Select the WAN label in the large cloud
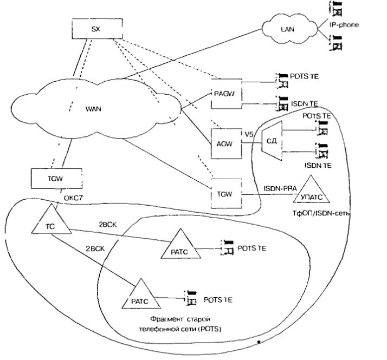94,109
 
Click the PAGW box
225,93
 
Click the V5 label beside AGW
249,134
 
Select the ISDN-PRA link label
280,187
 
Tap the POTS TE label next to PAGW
304,78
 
